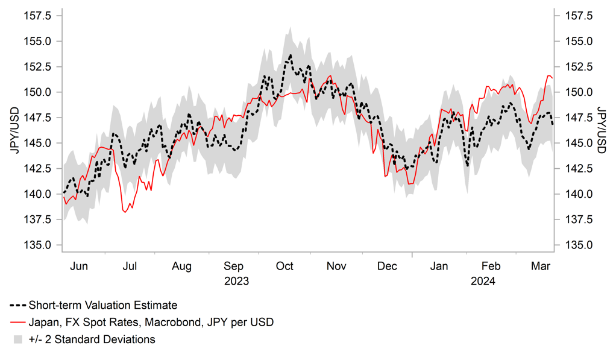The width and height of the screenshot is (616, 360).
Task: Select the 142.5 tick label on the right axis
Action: [x=577, y=168]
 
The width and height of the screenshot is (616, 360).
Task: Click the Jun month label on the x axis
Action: [x=79, y=267]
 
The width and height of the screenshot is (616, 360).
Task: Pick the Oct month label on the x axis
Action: [x=284, y=267]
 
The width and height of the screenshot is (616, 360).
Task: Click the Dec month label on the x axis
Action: [x=387, y=267]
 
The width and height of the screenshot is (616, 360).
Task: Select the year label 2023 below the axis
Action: [x=236, y=281]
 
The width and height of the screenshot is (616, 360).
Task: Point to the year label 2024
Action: [x=483, y=281]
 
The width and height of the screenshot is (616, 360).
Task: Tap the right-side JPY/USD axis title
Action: [x=601, y=131]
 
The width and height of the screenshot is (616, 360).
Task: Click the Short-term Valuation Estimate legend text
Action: [x=102, y=305]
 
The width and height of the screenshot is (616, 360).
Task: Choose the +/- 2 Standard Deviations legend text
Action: [x=92, y=339]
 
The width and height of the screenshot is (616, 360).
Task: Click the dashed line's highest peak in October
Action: [x=291, y=55]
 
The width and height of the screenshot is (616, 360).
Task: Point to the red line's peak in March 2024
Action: [x=548, y=75]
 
